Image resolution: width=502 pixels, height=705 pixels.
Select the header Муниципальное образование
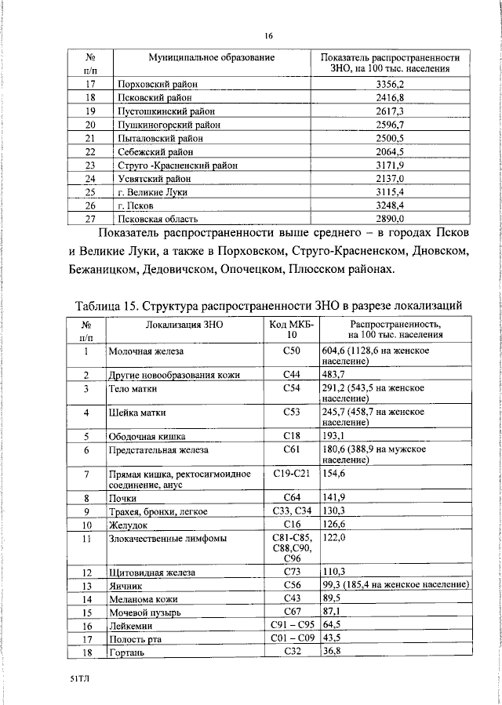(212, 58)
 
